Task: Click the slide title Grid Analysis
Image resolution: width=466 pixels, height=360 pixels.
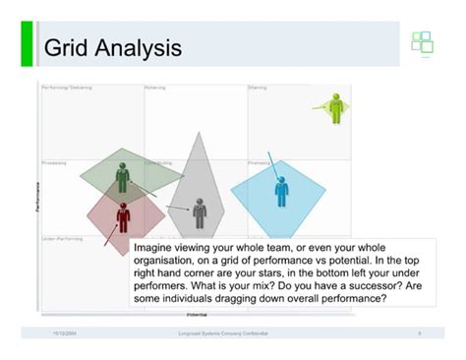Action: [113, 46]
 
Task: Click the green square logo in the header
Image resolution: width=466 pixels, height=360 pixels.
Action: [422, 43]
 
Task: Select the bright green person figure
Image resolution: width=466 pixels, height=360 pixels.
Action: [336, 107]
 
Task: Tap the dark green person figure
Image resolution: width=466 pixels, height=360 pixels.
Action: [123, 177]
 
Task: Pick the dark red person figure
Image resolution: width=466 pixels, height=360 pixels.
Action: [123, 215]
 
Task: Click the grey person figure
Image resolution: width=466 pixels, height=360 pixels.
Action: [200, 211]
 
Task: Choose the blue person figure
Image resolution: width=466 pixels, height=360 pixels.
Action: [282, 190]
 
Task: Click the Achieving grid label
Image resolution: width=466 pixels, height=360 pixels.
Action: [155, 88]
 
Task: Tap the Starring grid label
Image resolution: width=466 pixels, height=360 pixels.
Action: [258, 88]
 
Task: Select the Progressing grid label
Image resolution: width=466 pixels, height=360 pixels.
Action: [55, 162]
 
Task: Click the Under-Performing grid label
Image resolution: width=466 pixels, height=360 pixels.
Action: [62, 238]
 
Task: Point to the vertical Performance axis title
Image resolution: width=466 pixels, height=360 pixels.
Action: [37, 197]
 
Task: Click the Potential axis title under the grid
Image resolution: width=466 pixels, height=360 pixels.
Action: [197, 314]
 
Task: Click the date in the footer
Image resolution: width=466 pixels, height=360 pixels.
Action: [66, 334]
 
